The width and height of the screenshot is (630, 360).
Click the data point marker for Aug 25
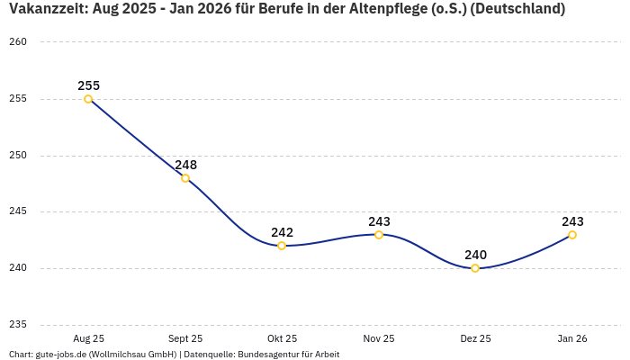tap(88, 99)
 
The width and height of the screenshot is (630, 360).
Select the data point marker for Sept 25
tap(185, 178)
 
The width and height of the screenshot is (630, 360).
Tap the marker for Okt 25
tap(282, 246)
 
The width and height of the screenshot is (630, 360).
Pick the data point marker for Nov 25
tap(379, 235)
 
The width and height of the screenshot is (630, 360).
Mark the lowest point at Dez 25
tap(475, 268)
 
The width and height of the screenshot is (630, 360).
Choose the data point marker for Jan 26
tap(572, 235)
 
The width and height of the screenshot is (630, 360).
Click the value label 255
tap(88, 85)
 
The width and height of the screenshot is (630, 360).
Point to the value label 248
tap(185, 165)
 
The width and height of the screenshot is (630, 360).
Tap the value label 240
tap(475, 255)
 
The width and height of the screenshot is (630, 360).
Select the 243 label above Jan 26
tap(572, 221)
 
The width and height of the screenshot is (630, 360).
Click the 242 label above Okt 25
tap(282, 232)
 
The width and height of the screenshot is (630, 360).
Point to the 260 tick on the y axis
tap(18, 42)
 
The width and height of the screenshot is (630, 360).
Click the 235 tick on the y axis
tap(18, 325)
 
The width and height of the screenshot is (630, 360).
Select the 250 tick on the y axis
tap(18, 156)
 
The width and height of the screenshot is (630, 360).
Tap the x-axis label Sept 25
tap(185, 338)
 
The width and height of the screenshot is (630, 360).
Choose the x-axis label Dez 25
tap(475, 338)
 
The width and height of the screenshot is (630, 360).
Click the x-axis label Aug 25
tap(88, 338)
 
